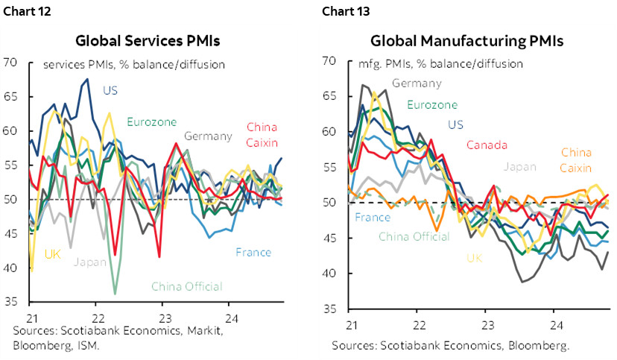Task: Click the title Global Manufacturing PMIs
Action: click(x=466, y=40)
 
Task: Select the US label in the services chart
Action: click(x=110, y=91)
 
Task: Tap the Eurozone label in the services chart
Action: click(x=151, y=121)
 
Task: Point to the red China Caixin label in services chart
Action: click(x=261, y=134)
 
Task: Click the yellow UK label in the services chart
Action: click(x=52, y=253)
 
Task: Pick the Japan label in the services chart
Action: click(x=90, y=262)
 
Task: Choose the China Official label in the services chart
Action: click(x=186, y=286)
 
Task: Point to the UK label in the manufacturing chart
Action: click(x=474, y=258)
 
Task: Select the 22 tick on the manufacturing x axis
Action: click(x=419, y=325)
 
